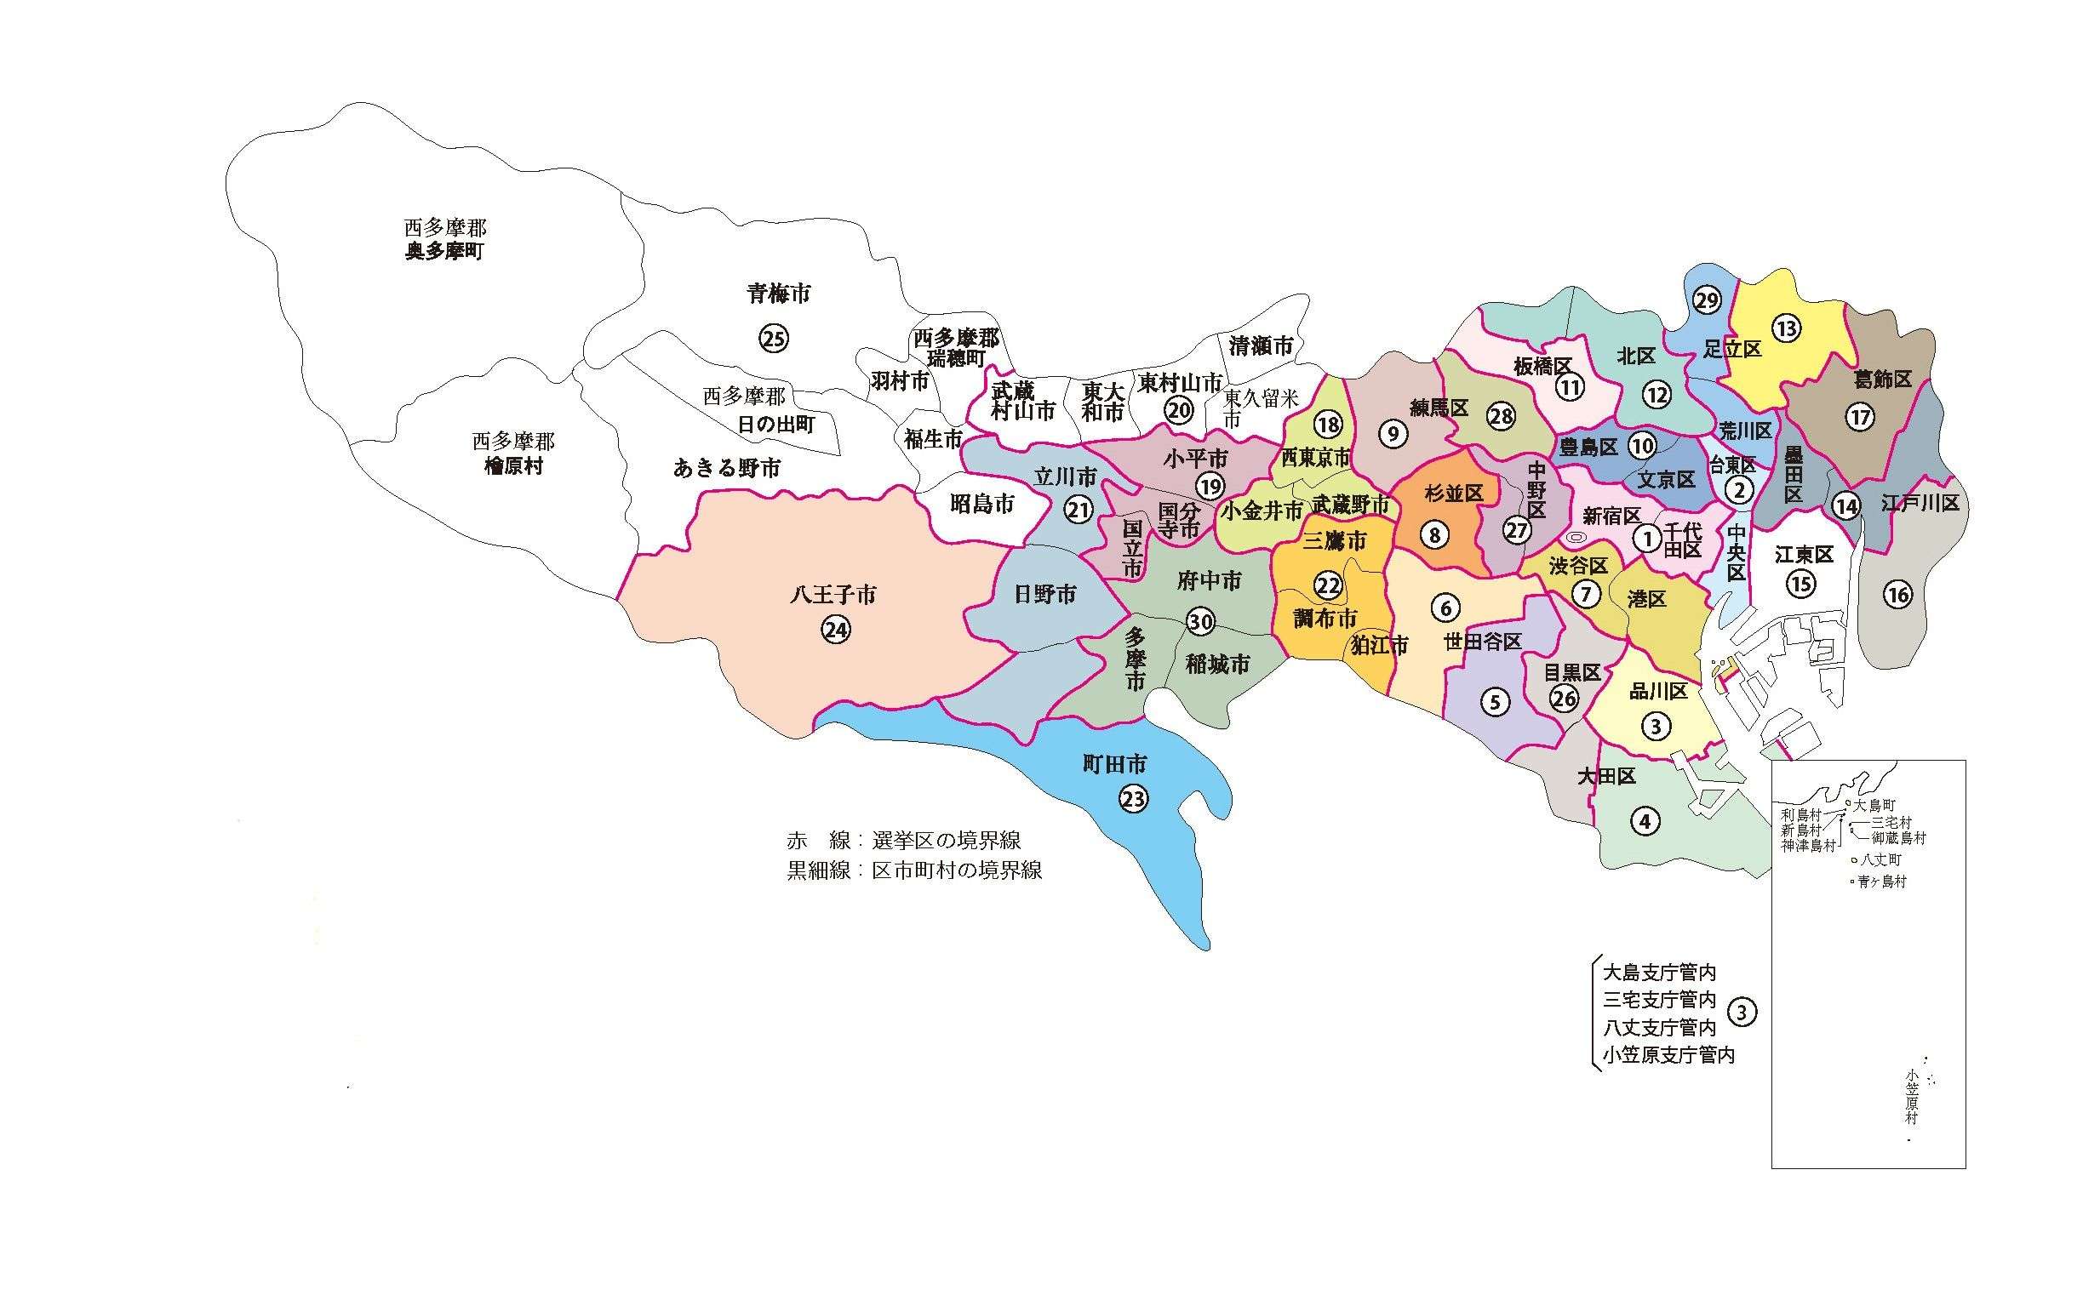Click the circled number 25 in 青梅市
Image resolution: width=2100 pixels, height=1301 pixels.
(x=773, y=338)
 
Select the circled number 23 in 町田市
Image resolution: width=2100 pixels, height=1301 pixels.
(x=1133, y=799)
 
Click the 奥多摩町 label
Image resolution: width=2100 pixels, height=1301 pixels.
(x=445, y=253)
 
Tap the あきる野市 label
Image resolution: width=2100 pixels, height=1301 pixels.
(x=726, y=468)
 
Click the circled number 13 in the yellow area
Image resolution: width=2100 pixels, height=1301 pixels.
(x=1786, y=328)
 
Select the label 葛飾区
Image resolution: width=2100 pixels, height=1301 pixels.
(x=1881, y=379)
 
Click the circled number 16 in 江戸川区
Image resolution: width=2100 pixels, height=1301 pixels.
(x=1897, y=594)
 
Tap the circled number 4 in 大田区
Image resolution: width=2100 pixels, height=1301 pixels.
(x=1644, y=821)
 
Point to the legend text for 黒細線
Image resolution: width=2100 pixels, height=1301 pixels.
(x=913, y=870)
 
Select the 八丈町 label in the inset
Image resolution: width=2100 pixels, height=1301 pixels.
(x=1880, y=859)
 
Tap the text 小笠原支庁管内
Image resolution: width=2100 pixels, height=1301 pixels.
(x=1667, y=1054)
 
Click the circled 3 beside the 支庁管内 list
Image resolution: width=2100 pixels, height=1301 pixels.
(x=1742, y=1013)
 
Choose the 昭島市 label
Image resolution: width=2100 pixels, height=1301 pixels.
(x=982, y=505)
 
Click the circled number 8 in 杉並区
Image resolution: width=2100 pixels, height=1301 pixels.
(x=1433, y=535)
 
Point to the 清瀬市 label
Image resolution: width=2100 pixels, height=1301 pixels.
(x=1260, y=346)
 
